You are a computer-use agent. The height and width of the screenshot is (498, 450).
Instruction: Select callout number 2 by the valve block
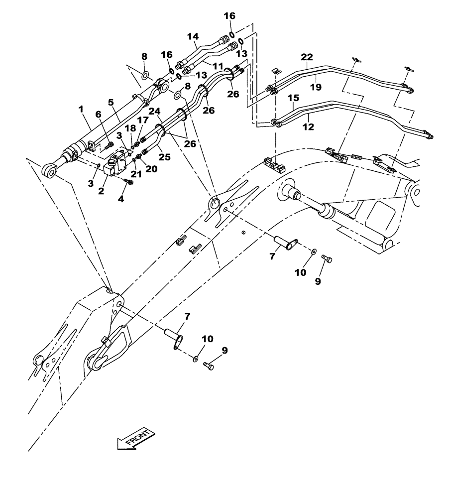point(101,191)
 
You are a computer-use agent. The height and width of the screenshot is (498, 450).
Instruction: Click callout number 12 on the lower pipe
point(308,127)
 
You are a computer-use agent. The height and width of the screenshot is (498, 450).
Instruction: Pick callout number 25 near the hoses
point(164,157)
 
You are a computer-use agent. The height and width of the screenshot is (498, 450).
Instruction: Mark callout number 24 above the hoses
point(154,111)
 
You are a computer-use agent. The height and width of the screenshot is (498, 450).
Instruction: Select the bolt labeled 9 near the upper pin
point(327,258)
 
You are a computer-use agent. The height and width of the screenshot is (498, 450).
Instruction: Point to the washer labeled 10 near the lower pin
point(195,358)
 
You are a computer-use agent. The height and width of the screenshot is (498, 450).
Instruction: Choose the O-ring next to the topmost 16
point(232,34)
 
